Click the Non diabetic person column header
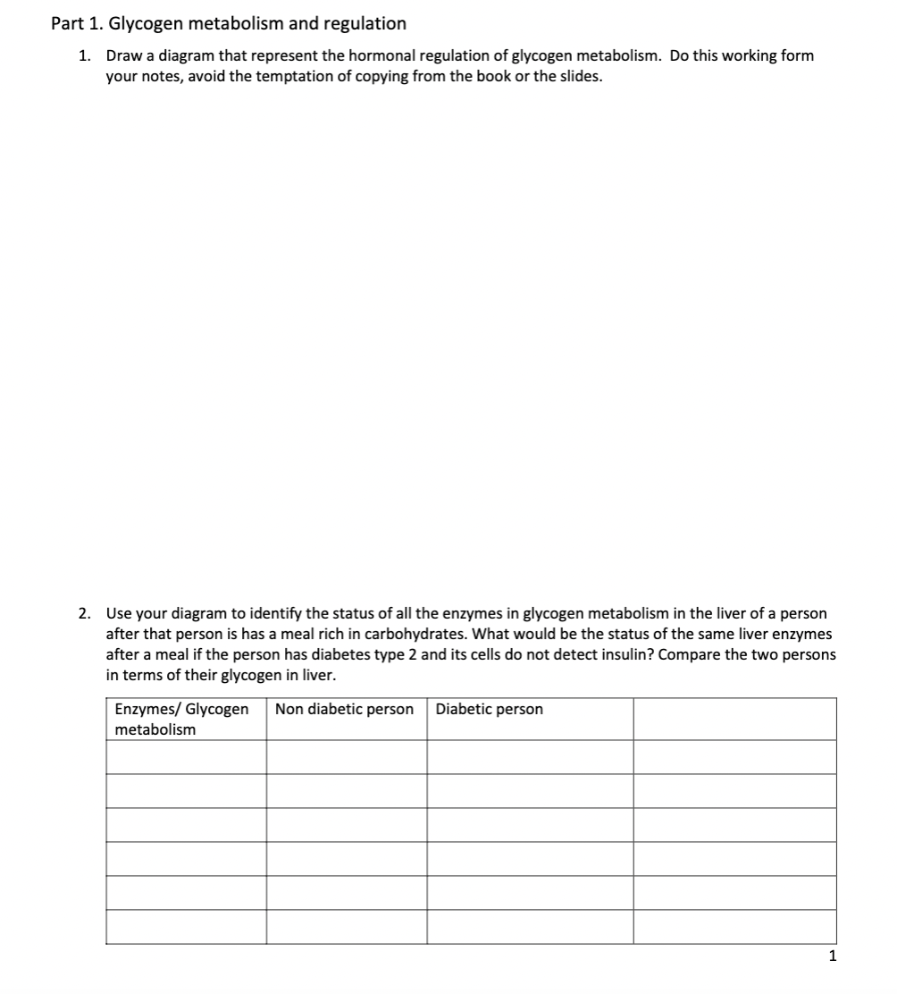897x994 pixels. coord(345,710)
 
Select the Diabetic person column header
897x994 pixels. coord(490,710)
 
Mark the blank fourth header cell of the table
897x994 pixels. coord(734,720)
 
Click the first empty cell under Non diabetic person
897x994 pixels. coord(346,757)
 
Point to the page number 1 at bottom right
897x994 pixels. coord(832,956)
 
